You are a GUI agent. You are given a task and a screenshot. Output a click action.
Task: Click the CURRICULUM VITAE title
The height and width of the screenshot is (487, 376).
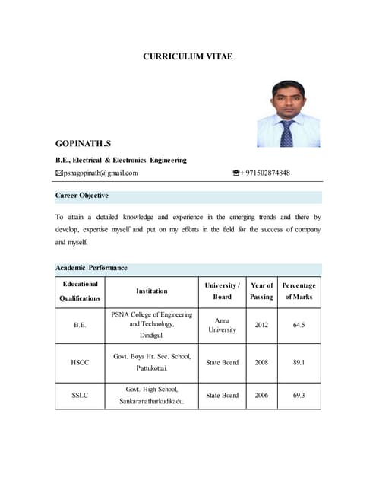[x=188, y=57]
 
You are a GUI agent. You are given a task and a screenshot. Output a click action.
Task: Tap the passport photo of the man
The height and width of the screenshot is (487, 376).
[x=288, y=114]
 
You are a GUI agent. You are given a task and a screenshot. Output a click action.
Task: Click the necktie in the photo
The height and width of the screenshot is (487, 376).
[x=286, y=134]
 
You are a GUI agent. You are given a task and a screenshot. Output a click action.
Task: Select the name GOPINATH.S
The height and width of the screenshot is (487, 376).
[x=84, y=143]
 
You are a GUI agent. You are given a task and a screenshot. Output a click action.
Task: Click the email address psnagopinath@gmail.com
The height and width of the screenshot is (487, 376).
[x=101, y=173]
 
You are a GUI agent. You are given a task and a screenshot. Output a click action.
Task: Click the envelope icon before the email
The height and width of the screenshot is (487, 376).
[x=59, y=173]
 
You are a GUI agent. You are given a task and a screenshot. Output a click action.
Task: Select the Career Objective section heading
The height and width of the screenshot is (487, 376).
[x=86, y=196]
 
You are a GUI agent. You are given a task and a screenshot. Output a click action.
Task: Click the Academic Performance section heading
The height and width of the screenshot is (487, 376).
[x=91, y=268]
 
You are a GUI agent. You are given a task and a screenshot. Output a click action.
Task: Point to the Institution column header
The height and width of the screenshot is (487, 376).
[x=152, y=291]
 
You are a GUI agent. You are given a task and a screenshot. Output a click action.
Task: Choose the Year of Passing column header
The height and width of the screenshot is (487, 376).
[x=261, y=291]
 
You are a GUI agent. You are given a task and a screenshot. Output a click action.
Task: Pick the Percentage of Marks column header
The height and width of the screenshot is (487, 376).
[x=299, y=291]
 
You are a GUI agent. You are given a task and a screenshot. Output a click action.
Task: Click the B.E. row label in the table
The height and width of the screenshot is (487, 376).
[x=80, y=325]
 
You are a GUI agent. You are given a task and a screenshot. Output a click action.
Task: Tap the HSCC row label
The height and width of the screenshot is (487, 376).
[x=80, y=362]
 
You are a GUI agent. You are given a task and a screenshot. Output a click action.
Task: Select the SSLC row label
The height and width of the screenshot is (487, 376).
[x=80, y=395]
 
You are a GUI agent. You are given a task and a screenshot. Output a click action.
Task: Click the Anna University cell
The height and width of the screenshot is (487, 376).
[x=222, y=325]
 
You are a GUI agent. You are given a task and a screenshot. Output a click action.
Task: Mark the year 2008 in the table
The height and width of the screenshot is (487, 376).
[x=261, y=362]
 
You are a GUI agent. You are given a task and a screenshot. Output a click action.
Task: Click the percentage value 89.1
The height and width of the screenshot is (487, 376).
[x=299, y=362]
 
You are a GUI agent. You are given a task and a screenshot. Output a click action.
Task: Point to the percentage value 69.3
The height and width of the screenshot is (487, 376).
[x=299, y=395]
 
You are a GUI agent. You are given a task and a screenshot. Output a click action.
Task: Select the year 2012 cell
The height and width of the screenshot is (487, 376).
[x=261, y=325]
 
